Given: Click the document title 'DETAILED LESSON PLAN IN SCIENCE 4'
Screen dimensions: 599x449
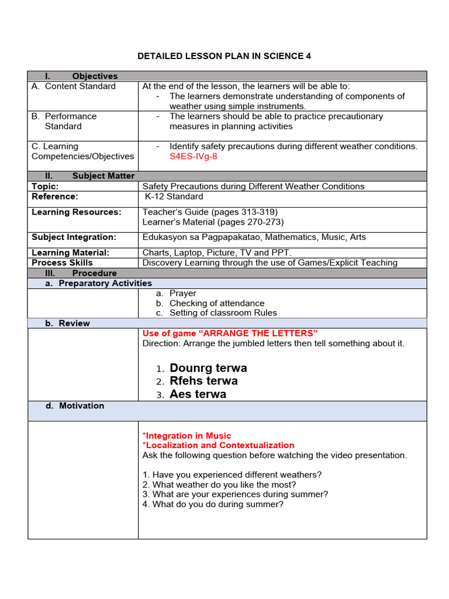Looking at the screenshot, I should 224,56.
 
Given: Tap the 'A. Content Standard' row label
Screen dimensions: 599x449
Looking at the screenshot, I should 74,86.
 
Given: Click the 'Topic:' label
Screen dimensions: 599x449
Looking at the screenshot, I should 45,186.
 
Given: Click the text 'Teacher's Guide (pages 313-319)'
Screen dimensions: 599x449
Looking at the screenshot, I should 210,212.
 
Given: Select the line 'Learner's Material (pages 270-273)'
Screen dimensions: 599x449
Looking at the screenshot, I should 213,222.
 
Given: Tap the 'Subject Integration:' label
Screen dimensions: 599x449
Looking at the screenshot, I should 74,237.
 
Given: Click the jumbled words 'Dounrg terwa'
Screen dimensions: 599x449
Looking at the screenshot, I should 208,368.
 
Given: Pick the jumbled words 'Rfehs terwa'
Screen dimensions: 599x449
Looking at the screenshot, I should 203,381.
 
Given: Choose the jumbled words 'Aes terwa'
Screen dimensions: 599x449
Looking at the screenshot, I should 198,394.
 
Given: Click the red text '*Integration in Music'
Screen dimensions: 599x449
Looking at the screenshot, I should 186,436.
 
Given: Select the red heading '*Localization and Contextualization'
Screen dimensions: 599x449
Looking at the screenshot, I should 218,445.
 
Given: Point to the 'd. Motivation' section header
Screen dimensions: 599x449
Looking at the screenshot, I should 75,405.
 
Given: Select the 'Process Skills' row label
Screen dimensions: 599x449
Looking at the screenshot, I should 62,263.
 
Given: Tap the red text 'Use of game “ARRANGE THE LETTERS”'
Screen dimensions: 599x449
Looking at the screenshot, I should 230,333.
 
